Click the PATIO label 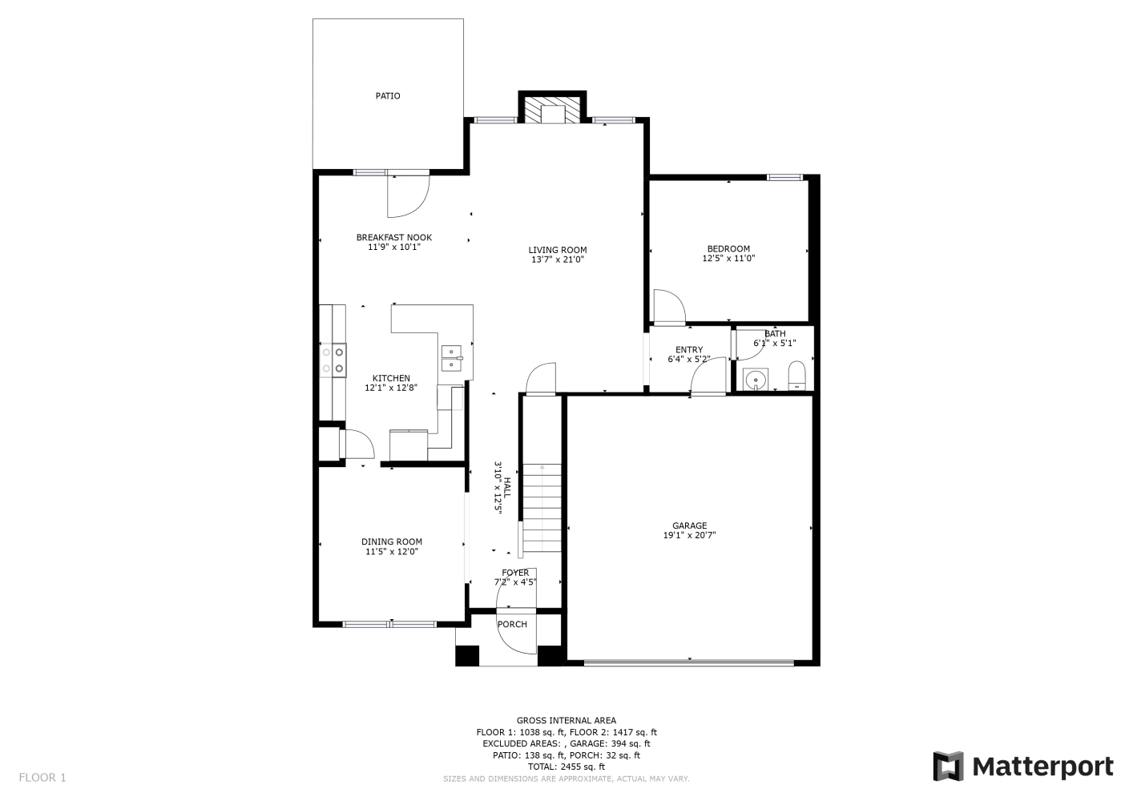point(388,96)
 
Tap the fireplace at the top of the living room point(552,107)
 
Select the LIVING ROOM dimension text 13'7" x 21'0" point(558,260)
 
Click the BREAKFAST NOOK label point(394,237)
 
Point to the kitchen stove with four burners point(333,360)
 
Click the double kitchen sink point(452,358)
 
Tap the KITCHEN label point(391,378)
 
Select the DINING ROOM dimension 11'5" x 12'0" point(392,552)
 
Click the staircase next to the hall point(542,508)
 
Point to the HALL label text point(507,488)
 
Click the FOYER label point(515,573)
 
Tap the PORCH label point(512,625)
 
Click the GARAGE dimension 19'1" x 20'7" point(690,535)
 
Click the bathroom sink point(756,379)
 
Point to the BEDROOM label point(728,249)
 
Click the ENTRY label point(689,350)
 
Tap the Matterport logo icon point(949,766)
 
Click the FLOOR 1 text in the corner point(42,778)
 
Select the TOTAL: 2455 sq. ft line point(566,767)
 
